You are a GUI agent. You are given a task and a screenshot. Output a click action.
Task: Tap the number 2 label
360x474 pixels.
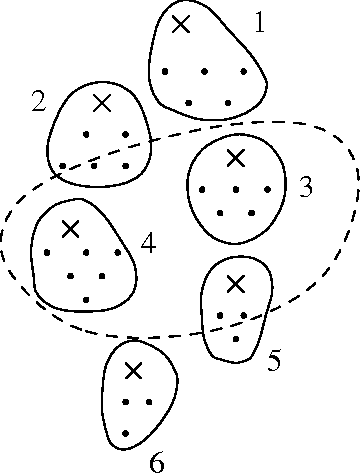click(38, 101)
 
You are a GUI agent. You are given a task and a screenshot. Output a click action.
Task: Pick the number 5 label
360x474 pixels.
click(274, 360)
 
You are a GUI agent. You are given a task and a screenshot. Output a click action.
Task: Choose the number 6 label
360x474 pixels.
click(156, 461)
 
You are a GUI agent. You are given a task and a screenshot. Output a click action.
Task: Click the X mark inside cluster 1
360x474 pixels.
click(180, 24)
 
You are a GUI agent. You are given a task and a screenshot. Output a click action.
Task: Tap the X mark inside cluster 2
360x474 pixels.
click(101, 102)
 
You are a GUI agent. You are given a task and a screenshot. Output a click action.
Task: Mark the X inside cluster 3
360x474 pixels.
click(235, 157)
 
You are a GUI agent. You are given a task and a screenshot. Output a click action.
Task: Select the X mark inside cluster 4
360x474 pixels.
click(70, 229)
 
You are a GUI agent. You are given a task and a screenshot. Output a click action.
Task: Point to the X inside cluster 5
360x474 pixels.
click(235, 284)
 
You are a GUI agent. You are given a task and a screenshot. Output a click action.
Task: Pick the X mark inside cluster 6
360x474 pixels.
click(133, 370)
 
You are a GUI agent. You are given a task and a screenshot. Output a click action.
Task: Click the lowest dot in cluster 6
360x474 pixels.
click(126, 433)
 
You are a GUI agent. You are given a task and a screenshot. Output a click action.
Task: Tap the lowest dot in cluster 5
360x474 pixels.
click(235, 339)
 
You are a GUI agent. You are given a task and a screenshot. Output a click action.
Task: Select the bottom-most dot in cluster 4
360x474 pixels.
click(87, 299)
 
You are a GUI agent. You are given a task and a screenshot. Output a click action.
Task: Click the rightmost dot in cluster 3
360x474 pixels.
click(269, 189)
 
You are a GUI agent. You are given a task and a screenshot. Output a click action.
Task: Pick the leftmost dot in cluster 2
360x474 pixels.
click(63, 166)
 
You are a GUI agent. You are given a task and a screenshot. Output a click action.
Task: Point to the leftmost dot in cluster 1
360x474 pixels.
click(165, 71)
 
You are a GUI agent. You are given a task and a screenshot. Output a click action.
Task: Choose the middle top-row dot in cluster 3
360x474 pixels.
click(236, 189)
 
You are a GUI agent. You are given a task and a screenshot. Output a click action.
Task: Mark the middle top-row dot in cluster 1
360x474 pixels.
click(205, 71)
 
